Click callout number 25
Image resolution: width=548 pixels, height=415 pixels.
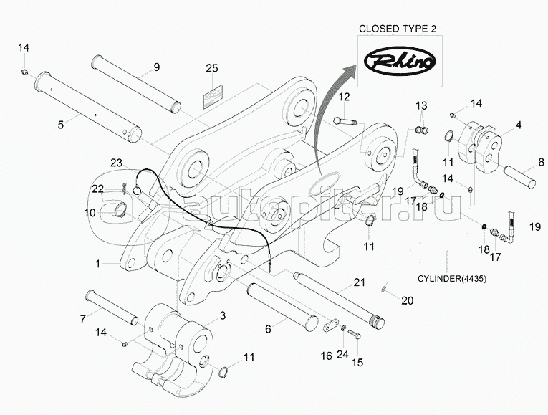click(211, 68)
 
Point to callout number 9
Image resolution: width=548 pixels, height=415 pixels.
click(155, 68)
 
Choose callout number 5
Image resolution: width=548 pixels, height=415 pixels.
click(60, 124)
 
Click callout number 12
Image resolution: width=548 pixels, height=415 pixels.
click(345, 97)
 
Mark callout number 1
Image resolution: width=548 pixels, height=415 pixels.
click(97, 264)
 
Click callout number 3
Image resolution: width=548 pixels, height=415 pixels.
click(222, 315)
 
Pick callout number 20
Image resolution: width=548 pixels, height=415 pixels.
click(407, 301)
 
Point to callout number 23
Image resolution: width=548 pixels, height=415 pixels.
click(117, 163)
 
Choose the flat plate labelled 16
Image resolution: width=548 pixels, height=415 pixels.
click(330, 327)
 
